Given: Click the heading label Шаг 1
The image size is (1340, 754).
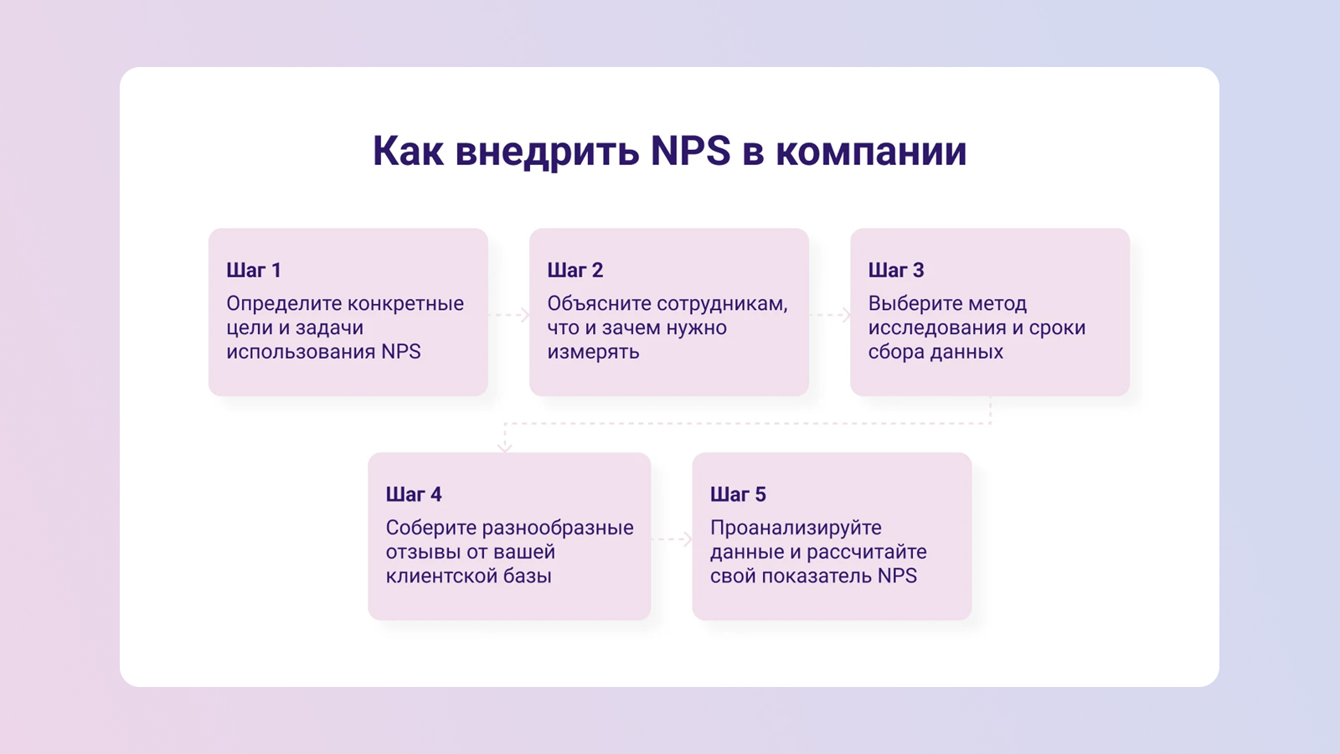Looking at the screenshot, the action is click(254, 270).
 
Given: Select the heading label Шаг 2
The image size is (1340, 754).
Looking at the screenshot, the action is click(575, 270).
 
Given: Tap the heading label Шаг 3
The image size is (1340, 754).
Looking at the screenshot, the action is click(896, 270).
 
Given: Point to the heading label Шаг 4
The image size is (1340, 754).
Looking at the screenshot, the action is click(414, 494).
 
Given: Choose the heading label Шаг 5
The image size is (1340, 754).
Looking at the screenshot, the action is click(738, 494).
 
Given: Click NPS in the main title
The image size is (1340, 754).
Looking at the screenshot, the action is click(690, 150).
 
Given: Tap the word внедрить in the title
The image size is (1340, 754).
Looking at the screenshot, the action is click(547, 152).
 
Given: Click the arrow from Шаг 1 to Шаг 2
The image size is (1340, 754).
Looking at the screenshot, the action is click(508, 315).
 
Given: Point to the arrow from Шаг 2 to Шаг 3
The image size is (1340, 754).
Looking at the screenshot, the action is click(830, 315).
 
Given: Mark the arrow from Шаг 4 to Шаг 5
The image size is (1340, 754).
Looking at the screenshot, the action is click(671, 540).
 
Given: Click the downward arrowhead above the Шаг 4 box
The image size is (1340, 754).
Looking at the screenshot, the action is click(505, 447).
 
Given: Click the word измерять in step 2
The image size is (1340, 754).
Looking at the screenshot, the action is click(594, 353).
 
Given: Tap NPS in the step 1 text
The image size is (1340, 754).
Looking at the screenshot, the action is click(401, 352).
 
